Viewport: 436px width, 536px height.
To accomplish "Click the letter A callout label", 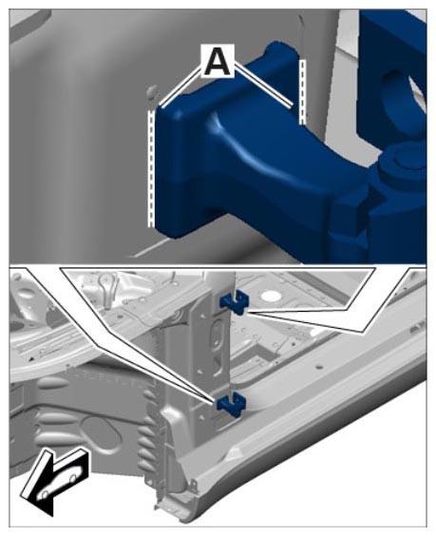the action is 218,61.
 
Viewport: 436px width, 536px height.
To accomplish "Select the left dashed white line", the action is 150,168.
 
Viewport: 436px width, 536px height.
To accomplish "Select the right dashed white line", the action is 302,91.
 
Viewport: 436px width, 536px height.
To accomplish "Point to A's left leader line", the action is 180,86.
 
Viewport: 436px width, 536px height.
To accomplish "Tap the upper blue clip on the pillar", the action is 234,301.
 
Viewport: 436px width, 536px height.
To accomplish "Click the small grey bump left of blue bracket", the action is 152,91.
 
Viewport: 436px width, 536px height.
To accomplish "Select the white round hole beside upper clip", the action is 270,294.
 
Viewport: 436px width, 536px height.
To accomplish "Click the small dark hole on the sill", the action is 319,367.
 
